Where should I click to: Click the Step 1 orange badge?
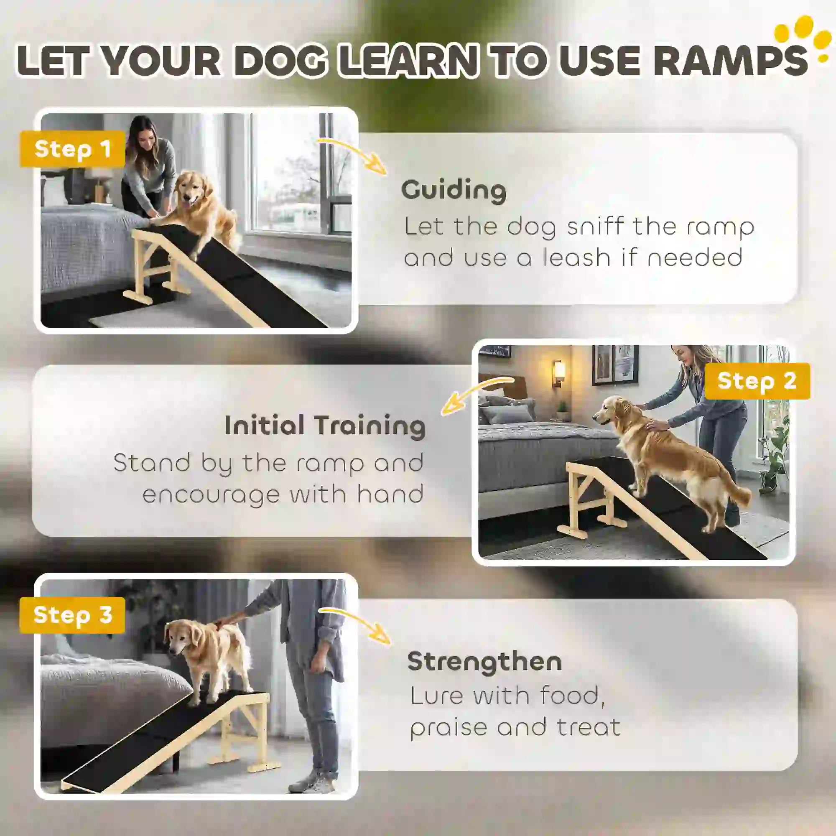coord(72,149)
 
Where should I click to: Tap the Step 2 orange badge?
coord(757,381)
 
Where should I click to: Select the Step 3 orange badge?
coord(72,615)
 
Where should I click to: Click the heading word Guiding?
coord(454,190)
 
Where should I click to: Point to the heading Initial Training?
coord(325,426)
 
